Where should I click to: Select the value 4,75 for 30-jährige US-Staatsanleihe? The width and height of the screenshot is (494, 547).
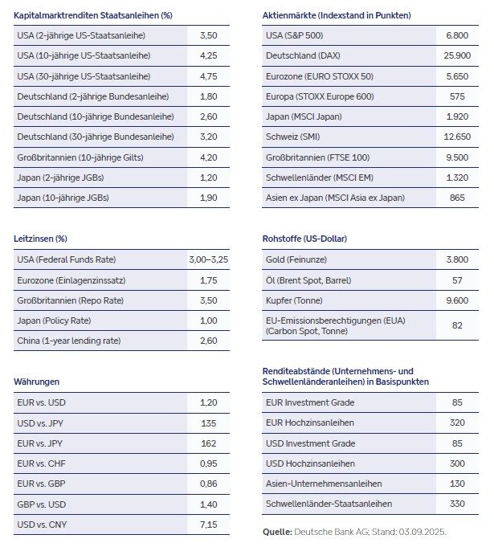(x=209, y=76)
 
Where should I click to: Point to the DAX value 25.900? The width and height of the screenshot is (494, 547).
(x=457, y=56)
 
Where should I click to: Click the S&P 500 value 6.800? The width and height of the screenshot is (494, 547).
(x=457, y=36)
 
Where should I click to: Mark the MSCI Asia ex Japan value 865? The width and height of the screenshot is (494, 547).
(x=457, y=197)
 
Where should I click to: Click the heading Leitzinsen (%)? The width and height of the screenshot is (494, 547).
(x=40, y=239)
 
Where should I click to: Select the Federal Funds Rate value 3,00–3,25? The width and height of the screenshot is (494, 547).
(x=209, y=259)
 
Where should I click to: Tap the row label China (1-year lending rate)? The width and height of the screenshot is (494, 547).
(x=71, y=340)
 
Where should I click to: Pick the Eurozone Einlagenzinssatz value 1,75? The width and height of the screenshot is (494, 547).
(x=209, y=280)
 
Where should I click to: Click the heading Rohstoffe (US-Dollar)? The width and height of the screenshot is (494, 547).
(x=304, y=239)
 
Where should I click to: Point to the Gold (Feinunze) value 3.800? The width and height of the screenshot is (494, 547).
(x=457, y=259)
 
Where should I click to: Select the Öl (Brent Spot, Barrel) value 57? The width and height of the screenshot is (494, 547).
(x=457, y=280)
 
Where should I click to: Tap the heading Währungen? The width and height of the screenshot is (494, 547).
(x=37, y=382)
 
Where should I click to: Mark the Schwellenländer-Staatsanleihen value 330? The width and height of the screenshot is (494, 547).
(x=457, y=503)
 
